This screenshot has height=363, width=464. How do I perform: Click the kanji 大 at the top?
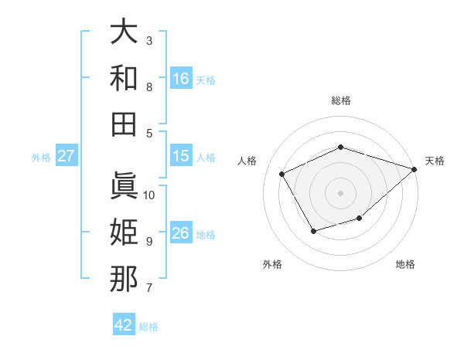point(124,32)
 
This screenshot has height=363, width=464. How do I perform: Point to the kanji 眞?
point(124,185)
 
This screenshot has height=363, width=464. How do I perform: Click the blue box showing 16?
point(181,79)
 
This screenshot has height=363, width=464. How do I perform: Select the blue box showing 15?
point(181,156)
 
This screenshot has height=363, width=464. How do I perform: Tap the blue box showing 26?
point(181,233)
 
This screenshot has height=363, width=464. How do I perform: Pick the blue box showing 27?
point(67,156)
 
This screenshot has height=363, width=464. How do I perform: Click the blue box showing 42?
point(124,325)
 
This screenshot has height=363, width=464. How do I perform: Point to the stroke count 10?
point(149,195)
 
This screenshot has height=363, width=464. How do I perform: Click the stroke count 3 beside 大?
point(149,40)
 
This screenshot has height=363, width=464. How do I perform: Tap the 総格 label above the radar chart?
point(341,100)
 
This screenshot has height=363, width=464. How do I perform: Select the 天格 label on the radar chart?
point(435,161)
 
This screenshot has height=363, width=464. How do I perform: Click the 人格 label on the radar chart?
point(247,161)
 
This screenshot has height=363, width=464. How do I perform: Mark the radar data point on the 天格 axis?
point(415,169)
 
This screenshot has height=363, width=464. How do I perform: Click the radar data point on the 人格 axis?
point(282,175)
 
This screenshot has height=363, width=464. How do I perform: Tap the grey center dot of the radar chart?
point(341,192)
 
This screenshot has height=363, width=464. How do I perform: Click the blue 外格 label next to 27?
point(41,158)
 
